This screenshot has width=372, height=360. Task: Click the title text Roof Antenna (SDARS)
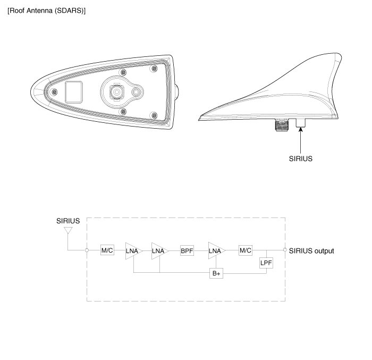coord(47,11)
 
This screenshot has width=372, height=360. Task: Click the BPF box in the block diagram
coord(187,250)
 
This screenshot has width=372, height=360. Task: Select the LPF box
coord(266,263)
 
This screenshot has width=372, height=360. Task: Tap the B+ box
coord(216,273)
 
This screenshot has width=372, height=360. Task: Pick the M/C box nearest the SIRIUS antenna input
coord(107,250)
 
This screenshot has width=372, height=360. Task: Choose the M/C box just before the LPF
coord(246,250)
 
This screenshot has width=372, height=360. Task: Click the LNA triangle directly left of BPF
coord(159,251)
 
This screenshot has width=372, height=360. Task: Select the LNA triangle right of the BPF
coord(216,250)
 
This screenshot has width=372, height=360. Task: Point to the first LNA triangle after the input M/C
coord(133,251)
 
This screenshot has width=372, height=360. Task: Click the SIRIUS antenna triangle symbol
coord(68,230)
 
